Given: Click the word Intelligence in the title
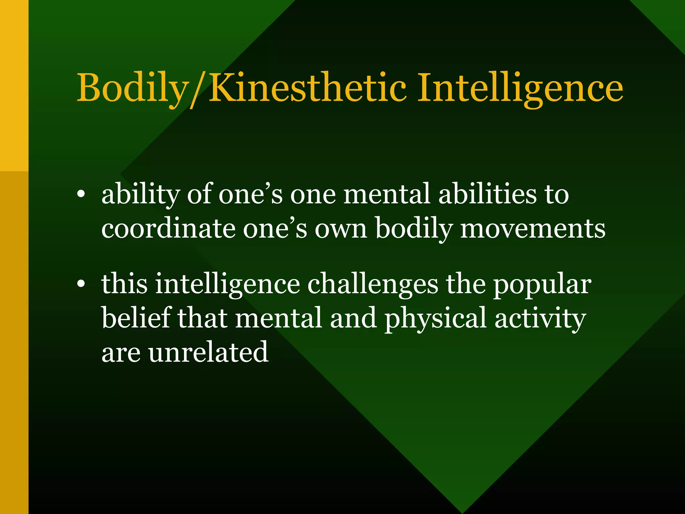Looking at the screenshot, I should pyautogui.click(x=520, y=88).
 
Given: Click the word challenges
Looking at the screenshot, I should pyautogui.click(x=373, y=284).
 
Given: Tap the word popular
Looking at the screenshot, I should pyautogui.click(x=542, y=284).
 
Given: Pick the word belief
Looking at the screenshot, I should pyautogui.click(x=136, y=318).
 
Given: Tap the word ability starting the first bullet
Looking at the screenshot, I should pyautogui.click(x=141, y=195).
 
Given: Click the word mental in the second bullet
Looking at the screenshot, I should pyautogui.click(x=279, y=318).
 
